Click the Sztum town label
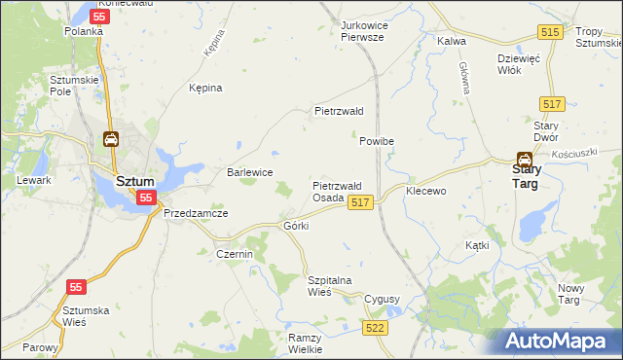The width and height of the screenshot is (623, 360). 133,181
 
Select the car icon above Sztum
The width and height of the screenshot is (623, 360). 111,140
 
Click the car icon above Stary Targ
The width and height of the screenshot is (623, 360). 524,159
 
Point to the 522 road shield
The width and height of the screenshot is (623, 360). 375,329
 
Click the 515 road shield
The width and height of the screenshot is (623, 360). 551,33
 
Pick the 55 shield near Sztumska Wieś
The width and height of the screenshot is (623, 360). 77,287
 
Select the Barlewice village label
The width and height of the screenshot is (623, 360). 249,172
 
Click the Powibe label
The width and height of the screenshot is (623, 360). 376,141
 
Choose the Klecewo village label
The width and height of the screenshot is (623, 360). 425,191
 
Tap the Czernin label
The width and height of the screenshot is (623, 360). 234,254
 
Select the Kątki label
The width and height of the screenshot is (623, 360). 477,246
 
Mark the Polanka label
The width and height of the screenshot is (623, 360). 84,31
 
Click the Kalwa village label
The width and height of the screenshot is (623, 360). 452,42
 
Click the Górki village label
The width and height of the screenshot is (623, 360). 295,226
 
